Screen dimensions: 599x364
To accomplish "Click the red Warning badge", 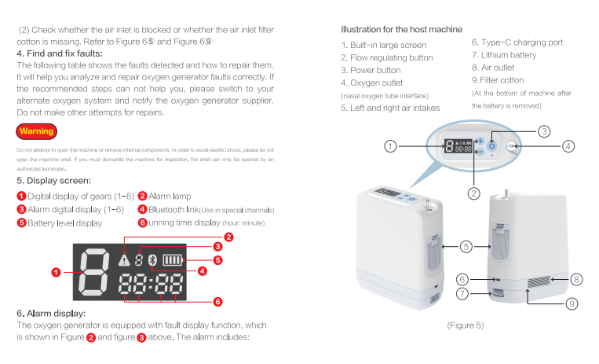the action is point(37,131).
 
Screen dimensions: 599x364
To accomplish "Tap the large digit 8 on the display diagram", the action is point(93,272).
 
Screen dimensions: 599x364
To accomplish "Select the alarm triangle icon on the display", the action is point(124,260).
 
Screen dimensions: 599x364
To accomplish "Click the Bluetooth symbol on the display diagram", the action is point(153,260).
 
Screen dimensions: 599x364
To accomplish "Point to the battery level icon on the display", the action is point(173,260).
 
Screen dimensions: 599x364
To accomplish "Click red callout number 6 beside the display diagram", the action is point(217,302).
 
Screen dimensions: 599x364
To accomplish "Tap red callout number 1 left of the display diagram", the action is point(57,272).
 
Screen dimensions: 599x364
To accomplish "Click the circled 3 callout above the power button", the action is point(544,131).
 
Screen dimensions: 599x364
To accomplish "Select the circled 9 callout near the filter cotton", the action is point(572,304).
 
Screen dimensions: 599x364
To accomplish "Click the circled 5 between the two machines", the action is point(466,247).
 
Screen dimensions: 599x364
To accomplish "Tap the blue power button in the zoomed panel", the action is point(491,145).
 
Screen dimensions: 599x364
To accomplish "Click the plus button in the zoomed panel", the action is point(480,142).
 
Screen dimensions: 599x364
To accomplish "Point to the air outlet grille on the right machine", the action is point(539,282).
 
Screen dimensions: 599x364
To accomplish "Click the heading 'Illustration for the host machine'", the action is point(401,29).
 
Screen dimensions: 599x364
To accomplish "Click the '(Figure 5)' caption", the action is point(466,325).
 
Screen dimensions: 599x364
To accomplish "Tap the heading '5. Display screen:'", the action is point(54,181).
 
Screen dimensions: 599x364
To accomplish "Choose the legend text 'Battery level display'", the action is point(65,223).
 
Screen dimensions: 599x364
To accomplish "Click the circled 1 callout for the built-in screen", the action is point(390,146).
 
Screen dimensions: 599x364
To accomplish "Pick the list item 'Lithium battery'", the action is point(509,55).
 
